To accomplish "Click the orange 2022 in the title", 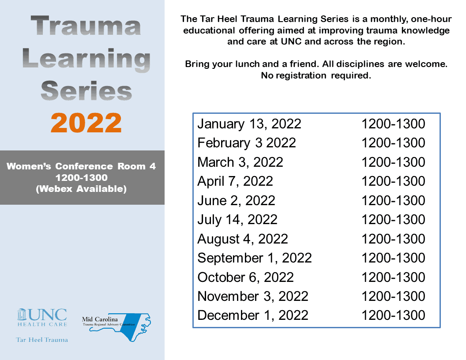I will coord(86,123).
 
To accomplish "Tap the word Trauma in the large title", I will coord(86,26).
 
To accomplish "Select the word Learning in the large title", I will coord(86,59).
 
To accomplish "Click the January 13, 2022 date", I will coord(249,124).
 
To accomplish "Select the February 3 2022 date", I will coord(247,143).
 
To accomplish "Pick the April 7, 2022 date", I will coord(235,181).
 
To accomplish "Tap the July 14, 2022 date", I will coord(237,220).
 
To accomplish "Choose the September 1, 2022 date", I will coord(255,258).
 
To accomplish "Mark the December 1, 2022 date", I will coord(253,315).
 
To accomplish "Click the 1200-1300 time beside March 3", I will coord(393,162).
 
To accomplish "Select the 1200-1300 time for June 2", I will coord(393,201).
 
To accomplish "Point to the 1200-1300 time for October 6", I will coord(393,277).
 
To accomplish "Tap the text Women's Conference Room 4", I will coord(81,167).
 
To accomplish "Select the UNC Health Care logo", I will coord(42,318).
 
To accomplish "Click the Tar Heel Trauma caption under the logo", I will coord(42,340).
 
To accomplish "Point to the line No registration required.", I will coord(316,75).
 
